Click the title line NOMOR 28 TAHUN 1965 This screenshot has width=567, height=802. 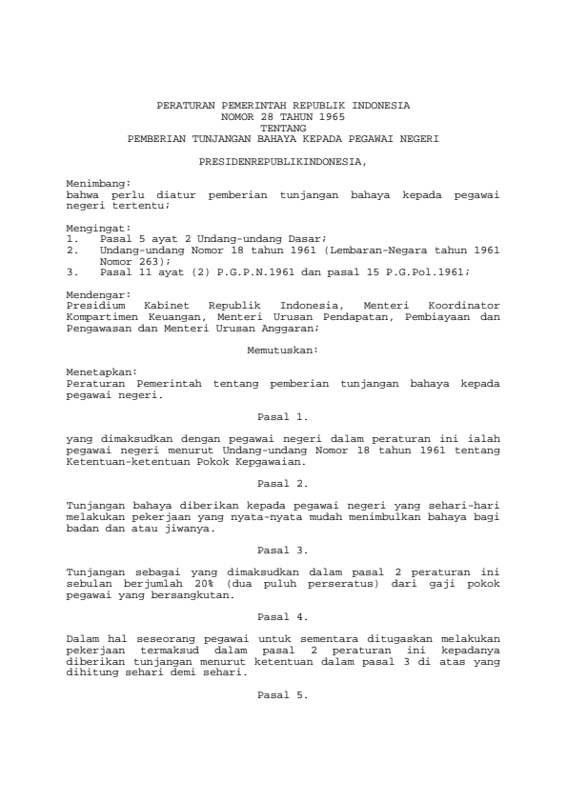(283, 114)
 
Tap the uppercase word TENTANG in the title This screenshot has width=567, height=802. (283, 126)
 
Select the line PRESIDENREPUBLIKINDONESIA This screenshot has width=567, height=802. (283, 163)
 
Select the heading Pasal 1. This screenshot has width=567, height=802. (283, 416)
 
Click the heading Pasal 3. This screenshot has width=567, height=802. (283, 551)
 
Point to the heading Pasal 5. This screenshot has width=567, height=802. (283, 695)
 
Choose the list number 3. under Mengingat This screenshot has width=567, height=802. (72, 271)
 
